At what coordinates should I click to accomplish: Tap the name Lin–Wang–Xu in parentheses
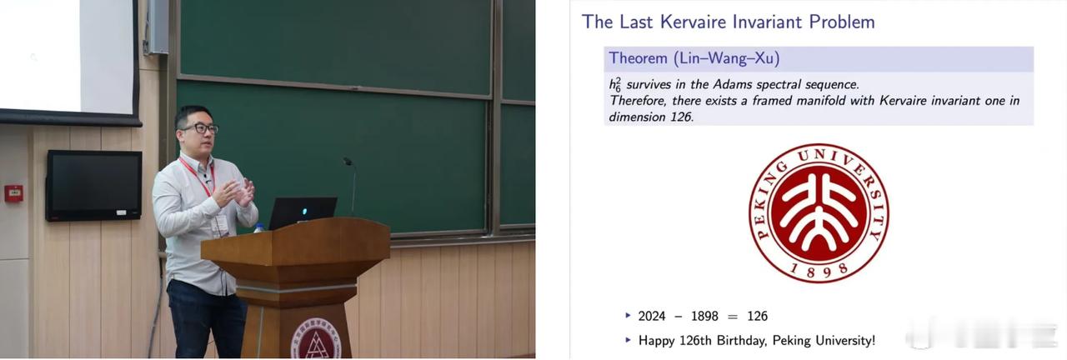[x=727, y=58]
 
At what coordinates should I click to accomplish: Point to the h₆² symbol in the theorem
[x=615, y=84]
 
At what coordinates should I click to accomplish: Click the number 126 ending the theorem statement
[x=681, y=117]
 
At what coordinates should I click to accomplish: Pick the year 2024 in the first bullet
[x=652, y=316]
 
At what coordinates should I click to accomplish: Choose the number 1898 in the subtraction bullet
[x=704, y=316]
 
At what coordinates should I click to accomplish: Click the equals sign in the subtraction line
[x=733, y=317]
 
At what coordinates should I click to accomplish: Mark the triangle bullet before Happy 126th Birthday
[x=629, y=339]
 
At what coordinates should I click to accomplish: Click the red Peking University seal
[x=819, y=213]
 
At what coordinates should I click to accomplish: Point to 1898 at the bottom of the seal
[x=819, y=271]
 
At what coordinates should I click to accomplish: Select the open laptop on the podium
[x=303, y=212]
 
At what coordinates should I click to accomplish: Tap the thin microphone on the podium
[x=351, y=187]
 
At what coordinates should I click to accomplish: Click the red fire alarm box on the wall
[x=13, y=193]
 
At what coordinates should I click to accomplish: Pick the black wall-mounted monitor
[x=94, y=185]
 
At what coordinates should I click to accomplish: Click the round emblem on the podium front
[x=316, y=339]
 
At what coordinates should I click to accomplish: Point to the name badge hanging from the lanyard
[x=220, y=225]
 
